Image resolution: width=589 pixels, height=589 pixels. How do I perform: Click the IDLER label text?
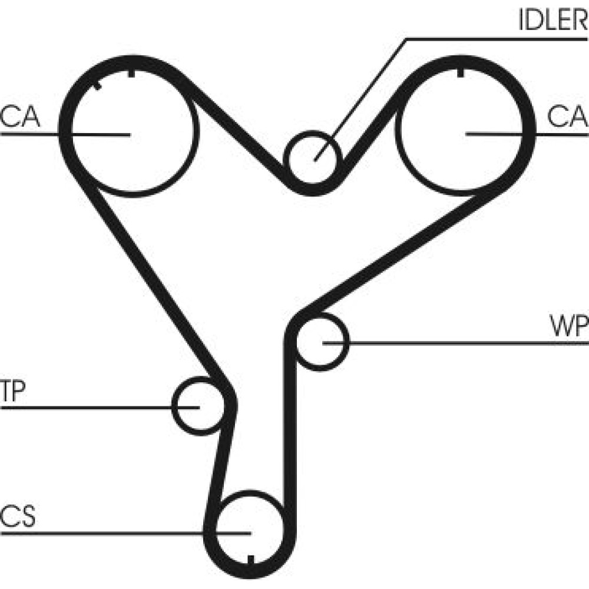[x=552, y=21]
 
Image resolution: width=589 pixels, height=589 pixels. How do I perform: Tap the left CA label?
[x=20, y=117]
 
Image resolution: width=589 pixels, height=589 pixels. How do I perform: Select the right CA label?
[x=567, y=117]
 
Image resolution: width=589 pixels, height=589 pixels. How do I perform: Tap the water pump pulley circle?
[x=321, y=342]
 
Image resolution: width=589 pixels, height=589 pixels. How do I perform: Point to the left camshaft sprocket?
[x=133, y=134]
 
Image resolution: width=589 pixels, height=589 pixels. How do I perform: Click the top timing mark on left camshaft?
[x=131, y=74]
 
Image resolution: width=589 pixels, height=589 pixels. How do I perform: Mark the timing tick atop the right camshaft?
[x=460, y=74]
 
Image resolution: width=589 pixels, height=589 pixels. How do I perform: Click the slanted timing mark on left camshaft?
[x=97, y=85]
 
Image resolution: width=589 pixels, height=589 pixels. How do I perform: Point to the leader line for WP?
[x=459, y=342]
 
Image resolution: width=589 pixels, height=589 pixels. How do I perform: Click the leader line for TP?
[x=88, y=406]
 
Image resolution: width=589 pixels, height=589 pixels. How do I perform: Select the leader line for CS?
[x=118, y=533]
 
